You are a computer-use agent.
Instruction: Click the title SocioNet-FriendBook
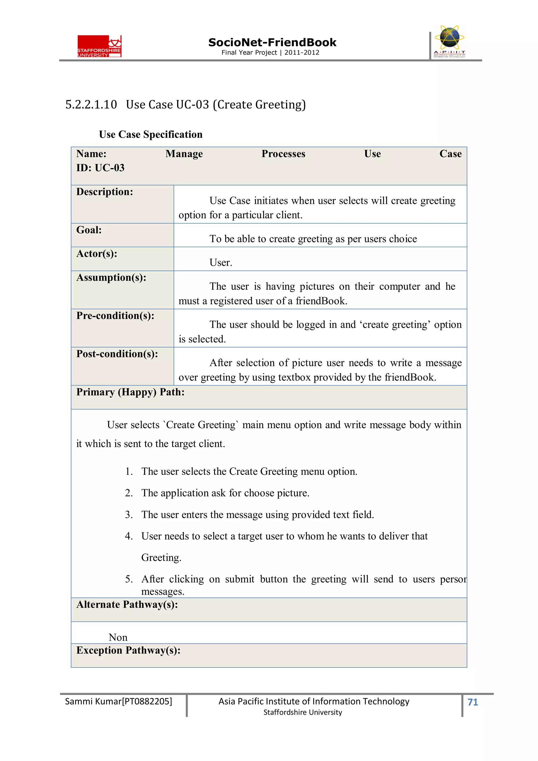tap(272, 43)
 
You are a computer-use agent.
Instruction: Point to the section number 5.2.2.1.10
tap(91, 105)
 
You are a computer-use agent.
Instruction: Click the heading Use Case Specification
tap(151, 134)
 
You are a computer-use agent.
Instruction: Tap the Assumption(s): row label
tap(111, 277)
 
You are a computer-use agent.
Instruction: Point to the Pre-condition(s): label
tap(115, 315)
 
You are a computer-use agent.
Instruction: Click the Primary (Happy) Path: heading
tap(130, 392)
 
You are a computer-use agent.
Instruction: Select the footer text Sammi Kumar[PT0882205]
tap(118, 701)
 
